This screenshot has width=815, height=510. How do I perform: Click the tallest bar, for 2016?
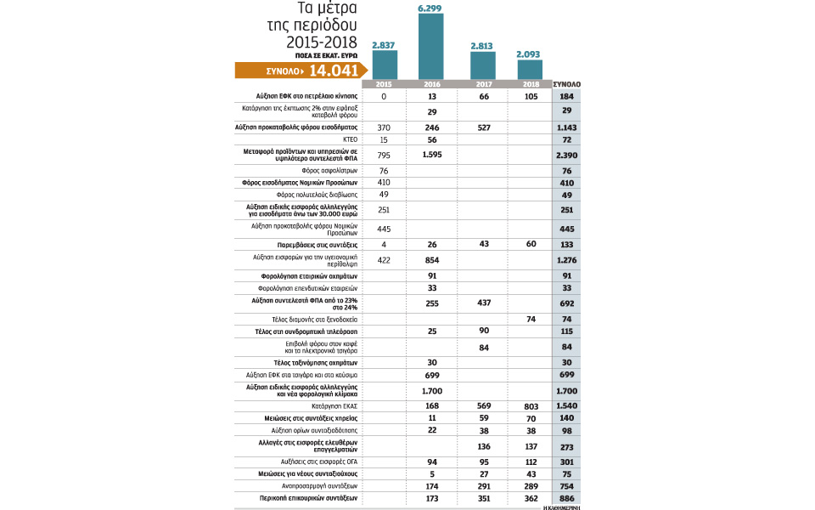431,47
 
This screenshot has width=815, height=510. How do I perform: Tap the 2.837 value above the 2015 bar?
384,44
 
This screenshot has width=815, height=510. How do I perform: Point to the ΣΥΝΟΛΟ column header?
566,85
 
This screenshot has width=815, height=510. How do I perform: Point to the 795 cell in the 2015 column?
384,154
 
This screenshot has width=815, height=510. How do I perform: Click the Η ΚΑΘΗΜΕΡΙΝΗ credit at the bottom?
565,507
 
